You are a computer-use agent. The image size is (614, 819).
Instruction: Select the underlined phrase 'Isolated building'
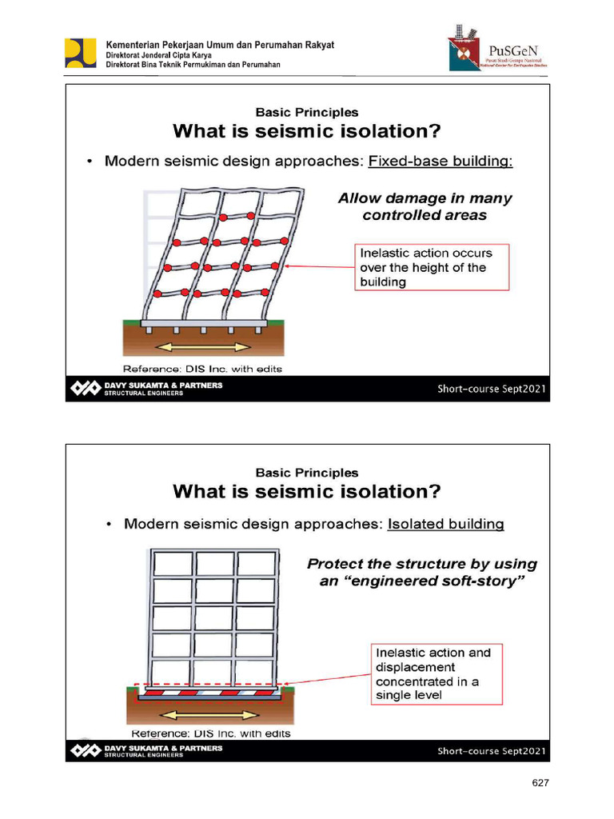click(x=445, y=525)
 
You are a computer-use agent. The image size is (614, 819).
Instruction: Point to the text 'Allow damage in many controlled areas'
click(x=425, y=206)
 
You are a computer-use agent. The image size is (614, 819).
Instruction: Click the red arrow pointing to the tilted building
click(x=320, y=267)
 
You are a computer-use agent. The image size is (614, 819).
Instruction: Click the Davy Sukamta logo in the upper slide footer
click(x=86, y=389)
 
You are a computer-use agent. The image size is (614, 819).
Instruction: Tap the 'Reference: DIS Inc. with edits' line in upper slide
click(x=202, y=369)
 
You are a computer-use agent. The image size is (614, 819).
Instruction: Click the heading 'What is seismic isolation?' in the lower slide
click(x=307, y=489)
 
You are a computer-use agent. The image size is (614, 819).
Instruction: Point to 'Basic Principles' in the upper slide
click(x=307, y=113)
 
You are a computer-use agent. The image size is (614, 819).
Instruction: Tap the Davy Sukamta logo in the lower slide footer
click(x=86, y=750)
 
